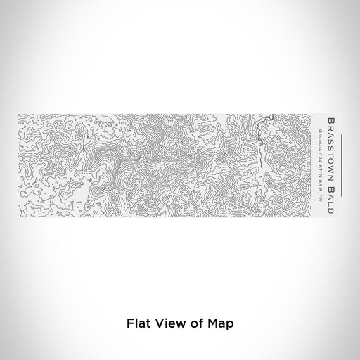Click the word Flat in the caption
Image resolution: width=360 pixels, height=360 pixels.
[137, 324]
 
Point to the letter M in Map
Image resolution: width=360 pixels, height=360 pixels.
[212, 324]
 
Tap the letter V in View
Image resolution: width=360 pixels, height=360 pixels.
[159, 324]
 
